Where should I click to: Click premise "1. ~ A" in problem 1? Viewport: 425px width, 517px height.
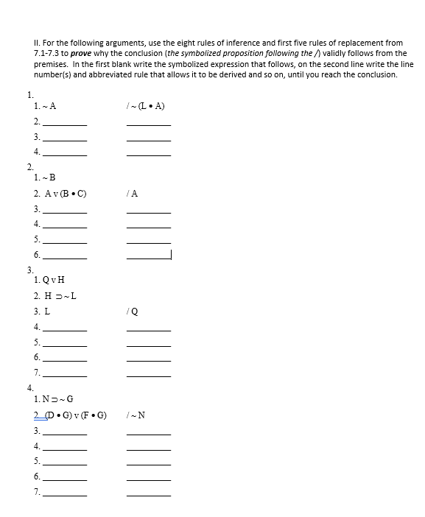pos(45,106)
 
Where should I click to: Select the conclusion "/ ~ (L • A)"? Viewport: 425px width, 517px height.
pos(146,106)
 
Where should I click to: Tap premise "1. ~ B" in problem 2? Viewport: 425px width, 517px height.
pos(45,177)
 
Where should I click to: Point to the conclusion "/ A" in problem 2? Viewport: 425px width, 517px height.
pos(133,194)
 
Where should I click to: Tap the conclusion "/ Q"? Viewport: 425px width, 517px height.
pos(133,311)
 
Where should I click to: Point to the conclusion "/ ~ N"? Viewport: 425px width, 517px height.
pos(136,415)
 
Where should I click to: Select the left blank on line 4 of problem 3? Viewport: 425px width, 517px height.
pos(65,328)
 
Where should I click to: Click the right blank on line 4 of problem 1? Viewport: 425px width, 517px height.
pos(149,153)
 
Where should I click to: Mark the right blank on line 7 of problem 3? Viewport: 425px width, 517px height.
pos(149,375)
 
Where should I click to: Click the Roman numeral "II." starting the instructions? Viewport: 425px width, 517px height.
pos(38,43)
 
